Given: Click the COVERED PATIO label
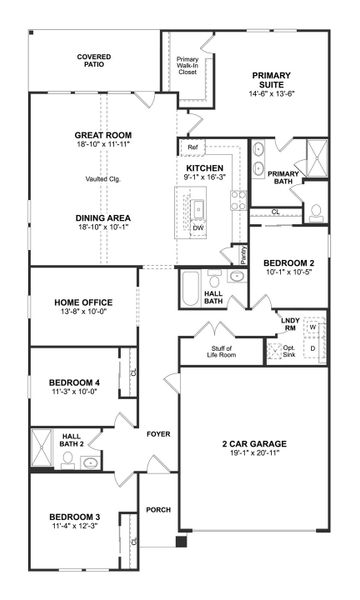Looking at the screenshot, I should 93,62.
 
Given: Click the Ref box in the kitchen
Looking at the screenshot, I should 192,147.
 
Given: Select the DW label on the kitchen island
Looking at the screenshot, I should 198,228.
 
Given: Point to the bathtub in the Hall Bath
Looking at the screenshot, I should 191,287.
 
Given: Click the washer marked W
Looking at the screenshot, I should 313,326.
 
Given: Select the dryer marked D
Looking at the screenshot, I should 313,349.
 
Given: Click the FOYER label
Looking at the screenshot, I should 160,435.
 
